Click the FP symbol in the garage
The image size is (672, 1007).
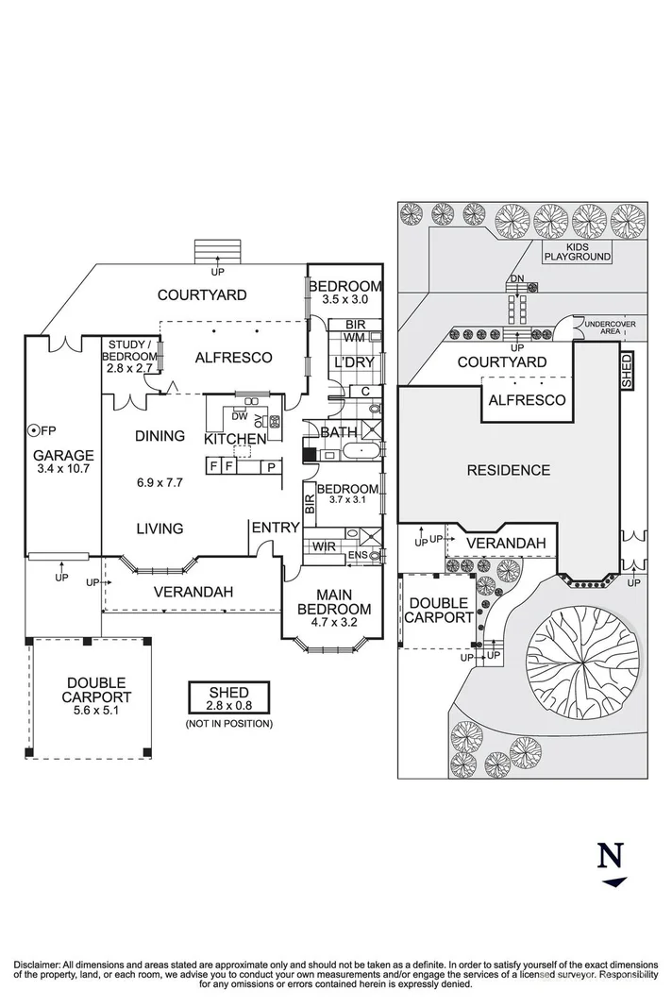[35, 430]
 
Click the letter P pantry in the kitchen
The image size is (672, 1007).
[271, 466]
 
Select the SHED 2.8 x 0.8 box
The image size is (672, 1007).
[230, 699]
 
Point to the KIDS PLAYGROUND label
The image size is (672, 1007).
[576, 250]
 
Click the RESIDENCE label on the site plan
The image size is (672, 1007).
[508, 469]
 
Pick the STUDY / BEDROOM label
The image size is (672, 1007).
[131, 350]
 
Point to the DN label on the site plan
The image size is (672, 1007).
[516, 278]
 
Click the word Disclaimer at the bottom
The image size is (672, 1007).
[37, 964]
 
